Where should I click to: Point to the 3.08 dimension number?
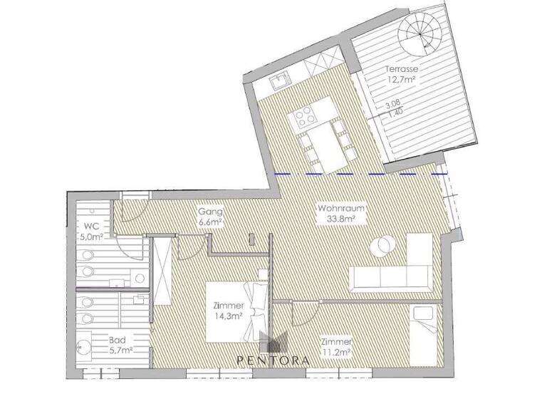coord(392,104)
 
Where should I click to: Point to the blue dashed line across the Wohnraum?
coord(360,174)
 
